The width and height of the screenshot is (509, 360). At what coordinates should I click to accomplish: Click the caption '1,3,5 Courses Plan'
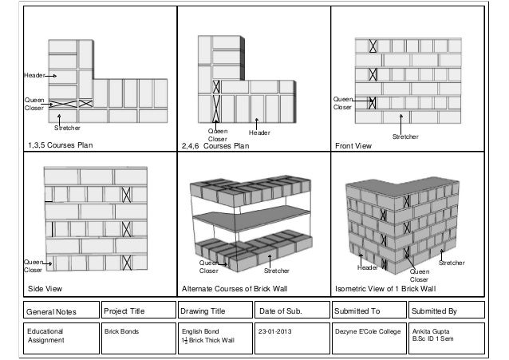(61, 145)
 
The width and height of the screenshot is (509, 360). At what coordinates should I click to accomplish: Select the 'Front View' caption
(353, 145)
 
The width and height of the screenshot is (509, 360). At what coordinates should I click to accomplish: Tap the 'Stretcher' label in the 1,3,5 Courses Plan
(68, 128)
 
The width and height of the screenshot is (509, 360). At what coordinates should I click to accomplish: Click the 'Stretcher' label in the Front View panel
(405, 137)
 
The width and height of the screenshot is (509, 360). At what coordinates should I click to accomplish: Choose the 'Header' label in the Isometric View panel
(367, 268)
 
